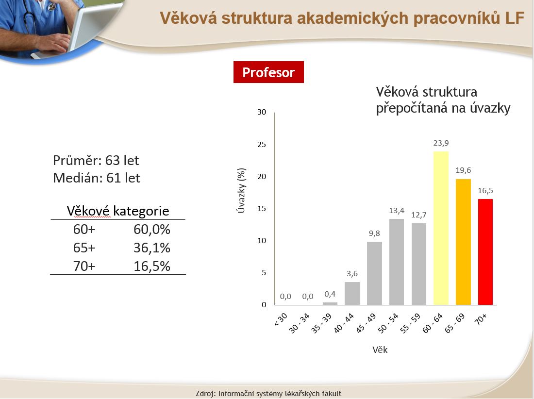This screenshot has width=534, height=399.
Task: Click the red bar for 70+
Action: click(x=485, y=252)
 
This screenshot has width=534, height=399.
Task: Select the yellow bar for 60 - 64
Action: click(x=441, y=228)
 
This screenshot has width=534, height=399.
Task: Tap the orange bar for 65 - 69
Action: click(x=463, y=242)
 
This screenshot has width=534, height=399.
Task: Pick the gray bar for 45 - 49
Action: click(x=374, y=273)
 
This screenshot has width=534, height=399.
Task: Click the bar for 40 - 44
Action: click(x=352, y=293)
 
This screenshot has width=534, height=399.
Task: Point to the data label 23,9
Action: click(x=441, y=143)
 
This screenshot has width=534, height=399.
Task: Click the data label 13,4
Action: click(x=397, y=210)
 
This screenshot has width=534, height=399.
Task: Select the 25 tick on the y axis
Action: click(x=262, y=144)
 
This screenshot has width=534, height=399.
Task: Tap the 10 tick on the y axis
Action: click(x=262, y=241)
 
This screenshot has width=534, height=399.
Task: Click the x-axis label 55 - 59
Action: click(x=410, y=323)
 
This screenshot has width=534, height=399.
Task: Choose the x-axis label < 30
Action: click(x=281, y=319)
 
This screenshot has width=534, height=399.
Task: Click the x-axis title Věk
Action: click(x=380, y=349)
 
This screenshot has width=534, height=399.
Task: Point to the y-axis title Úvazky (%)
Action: click(x=241, y=191)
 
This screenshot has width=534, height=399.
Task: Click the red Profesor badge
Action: click(x=268, y=72)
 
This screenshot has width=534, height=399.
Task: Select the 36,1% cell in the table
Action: click(x=151, y=248)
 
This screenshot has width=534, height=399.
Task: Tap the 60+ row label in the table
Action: click(x=84, y=230)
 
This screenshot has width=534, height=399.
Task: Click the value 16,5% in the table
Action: click(x=151, y=266)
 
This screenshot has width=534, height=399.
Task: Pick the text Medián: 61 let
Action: click(x=97, y=178)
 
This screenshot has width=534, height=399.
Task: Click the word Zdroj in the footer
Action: click(x=205, y=394)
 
